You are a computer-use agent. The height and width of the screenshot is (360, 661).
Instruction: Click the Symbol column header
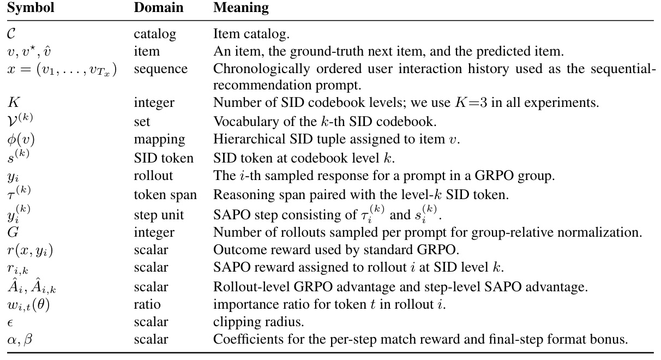pos(31,8)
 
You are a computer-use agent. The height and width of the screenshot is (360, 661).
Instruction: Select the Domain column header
pos(159,8)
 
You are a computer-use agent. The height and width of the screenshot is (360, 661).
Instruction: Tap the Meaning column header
pos(241,8)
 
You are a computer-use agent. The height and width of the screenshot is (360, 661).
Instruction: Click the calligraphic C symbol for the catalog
pos(11,34)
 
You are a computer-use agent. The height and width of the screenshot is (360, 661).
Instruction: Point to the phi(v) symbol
pos(21,139)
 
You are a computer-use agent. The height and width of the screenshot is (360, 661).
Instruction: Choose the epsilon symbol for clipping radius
pos(10,322)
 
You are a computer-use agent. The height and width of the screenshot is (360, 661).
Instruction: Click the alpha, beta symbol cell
pos(20,339)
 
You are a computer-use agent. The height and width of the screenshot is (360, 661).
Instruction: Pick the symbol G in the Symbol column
pos(13,232)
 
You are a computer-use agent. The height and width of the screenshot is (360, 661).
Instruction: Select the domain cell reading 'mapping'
pos(160,140)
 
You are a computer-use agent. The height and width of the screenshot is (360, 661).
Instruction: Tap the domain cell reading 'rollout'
pos(153,176)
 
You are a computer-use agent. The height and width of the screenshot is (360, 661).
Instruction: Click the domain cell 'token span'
pos(165,195)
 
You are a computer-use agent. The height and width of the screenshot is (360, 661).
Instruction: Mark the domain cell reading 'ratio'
pos(147,304)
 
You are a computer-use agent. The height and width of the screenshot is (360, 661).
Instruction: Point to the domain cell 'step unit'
pos(159,215)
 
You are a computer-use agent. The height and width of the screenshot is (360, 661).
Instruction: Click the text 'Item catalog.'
pos(251,34)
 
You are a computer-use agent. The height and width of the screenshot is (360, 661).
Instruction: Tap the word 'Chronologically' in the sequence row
pos(261,69)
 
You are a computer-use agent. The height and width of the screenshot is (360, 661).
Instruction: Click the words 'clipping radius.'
pos(259,322)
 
